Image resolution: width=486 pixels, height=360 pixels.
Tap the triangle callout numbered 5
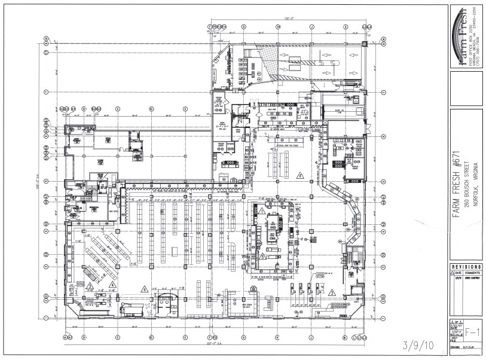(x=301, y=175)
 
